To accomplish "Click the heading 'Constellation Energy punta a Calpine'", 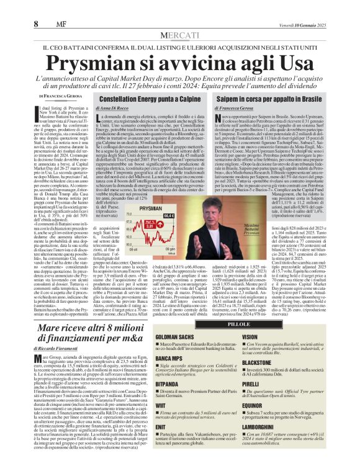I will pos(137,99).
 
